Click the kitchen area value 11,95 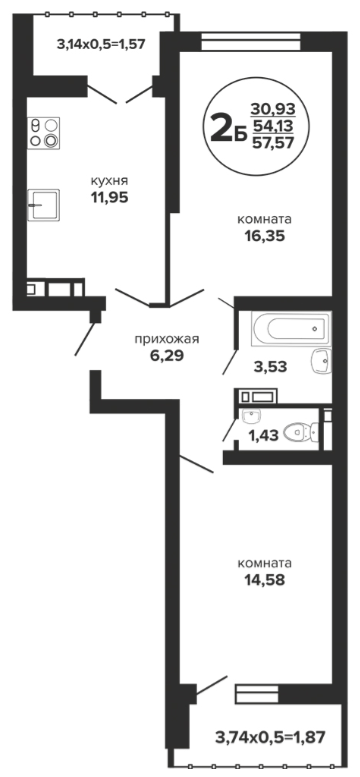pos(109,197)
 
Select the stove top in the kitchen pos(43,132)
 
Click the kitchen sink pos(44,204)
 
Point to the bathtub pos(291,328)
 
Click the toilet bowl pos(300,432)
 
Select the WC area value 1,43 pos(262,436)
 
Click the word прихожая pos(167,340)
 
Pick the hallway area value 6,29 pos(167,356)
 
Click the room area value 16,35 pos(264,236)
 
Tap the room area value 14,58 pos(264,580)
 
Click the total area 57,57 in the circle pos(272,143)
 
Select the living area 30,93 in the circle pos(272,108)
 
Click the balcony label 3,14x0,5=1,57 pos(101,45)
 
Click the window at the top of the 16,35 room pos(251,42)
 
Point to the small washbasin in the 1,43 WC pos(252,417)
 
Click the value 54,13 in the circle pos(272,125)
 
